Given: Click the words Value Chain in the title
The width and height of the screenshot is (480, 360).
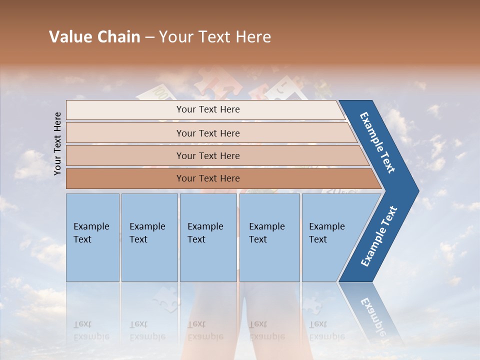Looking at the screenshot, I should [x=94, y=37].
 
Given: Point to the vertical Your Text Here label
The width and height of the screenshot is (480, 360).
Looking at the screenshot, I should [x=57, y=143].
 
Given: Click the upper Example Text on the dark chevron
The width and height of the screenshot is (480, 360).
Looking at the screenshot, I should [x=377, y=142].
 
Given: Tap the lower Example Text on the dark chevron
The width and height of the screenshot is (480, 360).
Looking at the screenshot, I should [x=379, y=236].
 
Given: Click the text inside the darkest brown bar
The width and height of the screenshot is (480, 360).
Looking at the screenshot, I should [x=208, y=178].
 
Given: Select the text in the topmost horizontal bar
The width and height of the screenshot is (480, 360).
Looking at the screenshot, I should [x=208, y=109].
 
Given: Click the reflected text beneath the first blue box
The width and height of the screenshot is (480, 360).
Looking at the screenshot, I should [x=91, y=330].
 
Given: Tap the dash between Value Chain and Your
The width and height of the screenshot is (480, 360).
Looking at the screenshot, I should [x=149, y=37].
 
